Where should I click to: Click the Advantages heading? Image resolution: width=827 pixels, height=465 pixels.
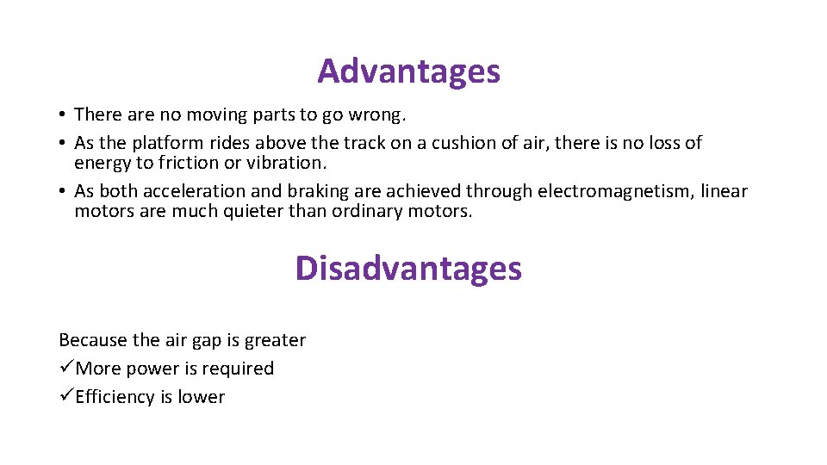coord(408,71)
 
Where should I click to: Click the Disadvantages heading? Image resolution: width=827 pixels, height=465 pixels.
coord(408,269)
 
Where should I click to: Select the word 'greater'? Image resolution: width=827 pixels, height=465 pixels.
coord(275,341)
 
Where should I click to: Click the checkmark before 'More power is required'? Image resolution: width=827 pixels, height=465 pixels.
coord(66,369)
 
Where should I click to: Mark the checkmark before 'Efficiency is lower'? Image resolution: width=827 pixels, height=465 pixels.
coord(66,397)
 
